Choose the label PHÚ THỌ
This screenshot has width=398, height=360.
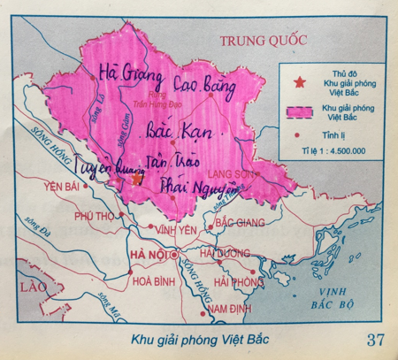tap(95, 216)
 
